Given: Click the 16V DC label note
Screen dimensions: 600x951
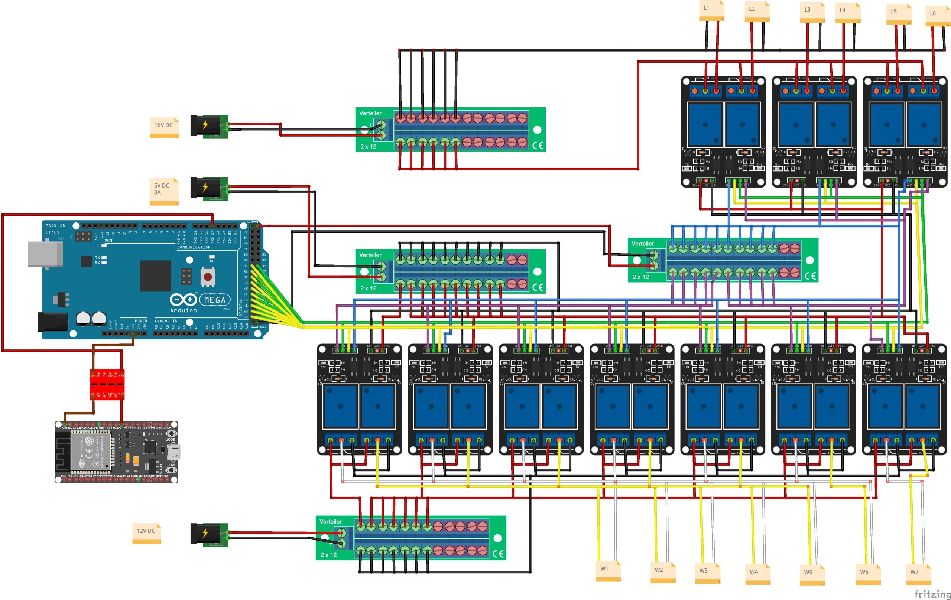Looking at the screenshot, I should [x=164, y=127].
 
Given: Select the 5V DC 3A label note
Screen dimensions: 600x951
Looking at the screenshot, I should [x=163, y=192].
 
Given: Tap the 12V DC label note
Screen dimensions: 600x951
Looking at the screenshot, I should [x=146, y=533].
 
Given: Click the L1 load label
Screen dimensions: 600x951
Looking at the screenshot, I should [x=711, y=10].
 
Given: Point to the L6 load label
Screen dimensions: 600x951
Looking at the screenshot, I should [x=937, y=16].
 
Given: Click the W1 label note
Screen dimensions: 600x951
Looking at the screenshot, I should [x=608, y=571].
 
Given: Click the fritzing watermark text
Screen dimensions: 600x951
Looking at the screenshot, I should [x=932, y=594].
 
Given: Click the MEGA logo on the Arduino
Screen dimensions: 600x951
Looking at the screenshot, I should [x=214, y=300].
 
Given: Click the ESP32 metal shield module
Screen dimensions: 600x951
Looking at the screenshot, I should [x=90, y=451].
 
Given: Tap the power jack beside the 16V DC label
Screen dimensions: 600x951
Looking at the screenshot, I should [x=208, y=126].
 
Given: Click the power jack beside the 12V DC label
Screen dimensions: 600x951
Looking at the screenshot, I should [x=208, y=535].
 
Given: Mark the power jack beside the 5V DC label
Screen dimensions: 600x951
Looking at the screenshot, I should [x=208, y=188].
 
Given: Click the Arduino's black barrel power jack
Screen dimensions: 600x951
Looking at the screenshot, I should [x=52, y=321].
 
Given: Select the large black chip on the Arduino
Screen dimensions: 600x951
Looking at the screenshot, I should [x=155, y=275].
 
